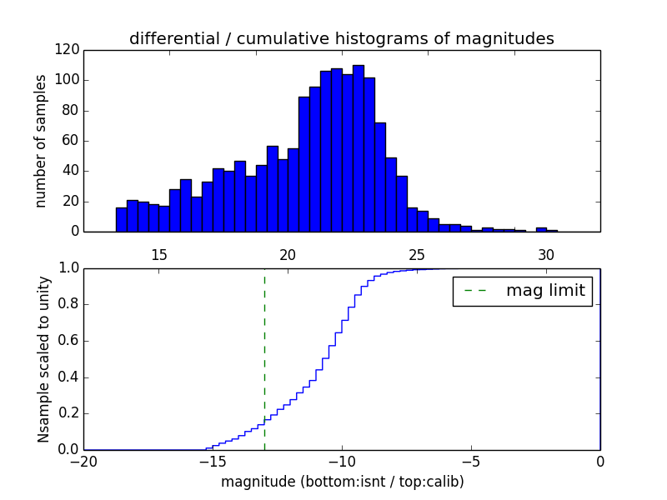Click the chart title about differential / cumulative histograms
click(x=341, y=38)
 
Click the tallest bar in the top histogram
click(x=358, y=150)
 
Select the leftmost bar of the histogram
click(x=121, y=219)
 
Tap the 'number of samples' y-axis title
click(x=40, y=141)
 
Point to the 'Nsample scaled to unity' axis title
click(x=43, y=359)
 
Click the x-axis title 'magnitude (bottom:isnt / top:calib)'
click(x=342, y=482)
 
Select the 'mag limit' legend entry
click(x=523, y=291)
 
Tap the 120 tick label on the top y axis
click(x=68, y=50)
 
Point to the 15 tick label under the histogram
click(x=159, y=254)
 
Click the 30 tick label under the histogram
click(x=546, y=254)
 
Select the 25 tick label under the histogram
click(x=417, y=254)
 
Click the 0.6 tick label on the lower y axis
click(x=69, y=341)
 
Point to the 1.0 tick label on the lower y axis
click(x=69, y=268)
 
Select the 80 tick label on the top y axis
click(x=71, y=111)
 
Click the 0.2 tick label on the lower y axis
click(x=69, y=413)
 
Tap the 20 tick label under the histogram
click(x=288, y=254)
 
